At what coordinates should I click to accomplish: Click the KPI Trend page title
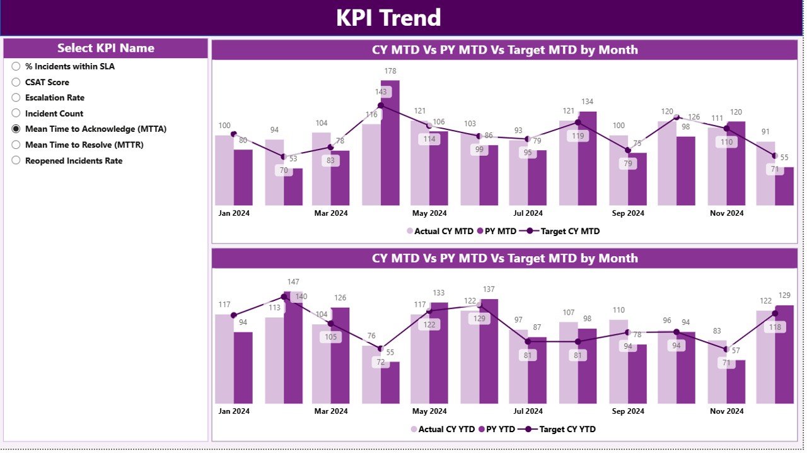point(388,18)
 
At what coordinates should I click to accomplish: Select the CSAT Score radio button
point(16,82)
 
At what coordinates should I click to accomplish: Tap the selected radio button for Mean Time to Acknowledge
point(16,129)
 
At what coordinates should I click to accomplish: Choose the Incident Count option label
point(54,114)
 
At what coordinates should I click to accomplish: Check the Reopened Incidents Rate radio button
point(16,160)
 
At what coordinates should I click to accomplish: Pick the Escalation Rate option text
point(55,98)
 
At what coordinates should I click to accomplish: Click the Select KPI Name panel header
point(106,49)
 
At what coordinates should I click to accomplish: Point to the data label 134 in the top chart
point(587,102)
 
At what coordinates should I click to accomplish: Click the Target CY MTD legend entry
point(563,232)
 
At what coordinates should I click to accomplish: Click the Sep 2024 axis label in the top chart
point(627,213)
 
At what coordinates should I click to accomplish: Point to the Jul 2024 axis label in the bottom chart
point(528,411)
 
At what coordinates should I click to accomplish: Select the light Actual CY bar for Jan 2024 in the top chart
point(224,170)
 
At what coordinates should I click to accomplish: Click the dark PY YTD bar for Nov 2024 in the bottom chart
point(736,382)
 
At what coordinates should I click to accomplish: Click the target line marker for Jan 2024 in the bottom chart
point(234,315)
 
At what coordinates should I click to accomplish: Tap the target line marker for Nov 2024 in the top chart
point(726,128)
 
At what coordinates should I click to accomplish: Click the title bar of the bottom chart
point(504,258)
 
